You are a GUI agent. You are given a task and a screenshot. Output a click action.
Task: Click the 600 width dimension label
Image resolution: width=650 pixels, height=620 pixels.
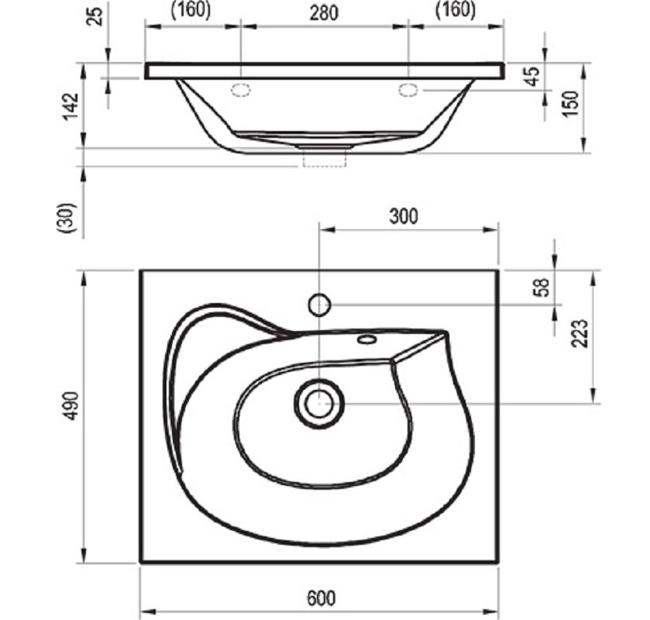coord(322,598)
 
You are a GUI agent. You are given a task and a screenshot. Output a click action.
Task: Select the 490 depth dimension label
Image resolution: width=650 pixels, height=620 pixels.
coord(71,405)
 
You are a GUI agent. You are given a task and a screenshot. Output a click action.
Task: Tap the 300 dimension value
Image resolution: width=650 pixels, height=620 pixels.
coord(404,216)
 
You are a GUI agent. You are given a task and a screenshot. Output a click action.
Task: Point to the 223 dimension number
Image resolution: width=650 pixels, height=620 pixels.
coord(579,333)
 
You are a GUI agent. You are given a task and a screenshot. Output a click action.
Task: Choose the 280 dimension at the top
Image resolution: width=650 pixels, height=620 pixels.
coord(324,13)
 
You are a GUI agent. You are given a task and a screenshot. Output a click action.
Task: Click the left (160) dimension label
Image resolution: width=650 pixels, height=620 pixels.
coord(191,10)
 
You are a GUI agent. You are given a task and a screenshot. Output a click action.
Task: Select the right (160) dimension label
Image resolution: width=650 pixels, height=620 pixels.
coord(456,10)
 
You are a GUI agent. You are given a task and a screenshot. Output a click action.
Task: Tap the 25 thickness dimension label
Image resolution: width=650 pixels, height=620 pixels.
coord(96,15)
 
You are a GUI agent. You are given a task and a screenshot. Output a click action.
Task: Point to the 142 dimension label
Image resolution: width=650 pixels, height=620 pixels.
coord(71,107)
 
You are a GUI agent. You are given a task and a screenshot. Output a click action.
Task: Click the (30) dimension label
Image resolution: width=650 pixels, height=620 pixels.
coord(67,218)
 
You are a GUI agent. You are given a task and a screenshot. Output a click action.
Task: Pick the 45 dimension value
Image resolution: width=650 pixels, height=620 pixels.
coord(533,76)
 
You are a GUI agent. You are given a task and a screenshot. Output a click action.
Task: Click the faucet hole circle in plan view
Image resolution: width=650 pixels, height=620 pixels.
coord(319,305)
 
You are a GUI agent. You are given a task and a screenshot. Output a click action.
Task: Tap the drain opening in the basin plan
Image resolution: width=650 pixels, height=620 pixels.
coord(319,404)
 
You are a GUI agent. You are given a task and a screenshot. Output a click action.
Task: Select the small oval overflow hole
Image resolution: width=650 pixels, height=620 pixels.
coord(367,339)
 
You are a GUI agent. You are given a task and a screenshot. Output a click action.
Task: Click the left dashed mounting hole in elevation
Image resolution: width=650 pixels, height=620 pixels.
coord(241,90)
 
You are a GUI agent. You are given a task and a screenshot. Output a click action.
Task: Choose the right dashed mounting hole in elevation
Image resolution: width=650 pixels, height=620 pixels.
coord(409,90)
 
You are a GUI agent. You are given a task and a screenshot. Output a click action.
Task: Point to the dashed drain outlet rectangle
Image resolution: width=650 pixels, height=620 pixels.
coord(325,159)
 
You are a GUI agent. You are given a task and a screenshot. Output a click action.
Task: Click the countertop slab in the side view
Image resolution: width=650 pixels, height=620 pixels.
coord(325,71)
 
